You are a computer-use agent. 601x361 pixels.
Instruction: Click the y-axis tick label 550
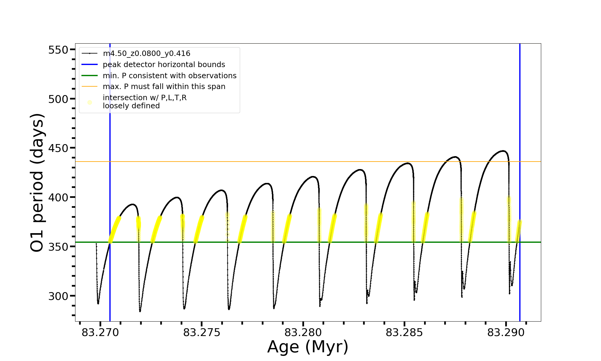pos(58,50)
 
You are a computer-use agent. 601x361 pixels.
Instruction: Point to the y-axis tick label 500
pos(58,99)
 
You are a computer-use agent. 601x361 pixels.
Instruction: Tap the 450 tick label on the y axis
pos(58,149)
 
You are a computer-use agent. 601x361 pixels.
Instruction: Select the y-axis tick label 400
pos(58,198)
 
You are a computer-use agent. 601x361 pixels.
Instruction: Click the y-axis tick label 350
pos(58,247)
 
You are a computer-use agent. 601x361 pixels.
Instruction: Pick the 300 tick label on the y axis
pos(58,296)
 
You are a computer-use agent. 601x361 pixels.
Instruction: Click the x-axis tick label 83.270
pos(100,333)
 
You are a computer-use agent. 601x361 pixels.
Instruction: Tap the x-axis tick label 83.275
pos(202,333)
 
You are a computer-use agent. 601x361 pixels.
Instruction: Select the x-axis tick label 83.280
pos(303,333)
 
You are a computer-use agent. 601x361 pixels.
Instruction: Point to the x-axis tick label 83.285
pos(404,333)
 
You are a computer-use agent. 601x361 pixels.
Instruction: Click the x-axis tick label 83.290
pos(506,333)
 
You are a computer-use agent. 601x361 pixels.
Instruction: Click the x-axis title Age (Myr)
pos(308,347)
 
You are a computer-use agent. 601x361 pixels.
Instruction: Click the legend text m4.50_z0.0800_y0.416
pos(146,54)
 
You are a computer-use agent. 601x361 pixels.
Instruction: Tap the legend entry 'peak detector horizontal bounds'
pos(164,65)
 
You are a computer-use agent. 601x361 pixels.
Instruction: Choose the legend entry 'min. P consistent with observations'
pos(169,76)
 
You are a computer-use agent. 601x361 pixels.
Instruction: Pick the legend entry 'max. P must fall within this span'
pos(164,87)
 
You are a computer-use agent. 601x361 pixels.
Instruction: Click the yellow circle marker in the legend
pos(90,103)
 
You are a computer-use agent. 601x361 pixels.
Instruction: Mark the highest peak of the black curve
pos(503,151)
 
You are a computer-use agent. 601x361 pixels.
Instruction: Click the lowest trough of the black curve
pos(140,311)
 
